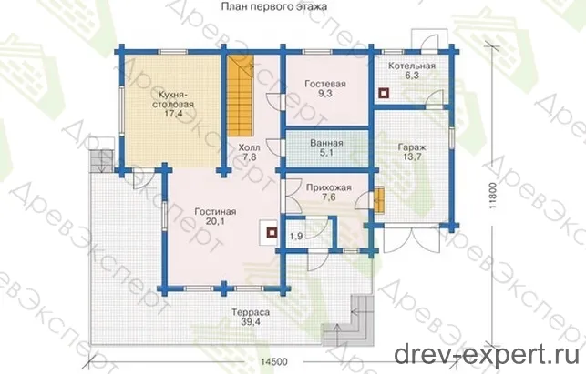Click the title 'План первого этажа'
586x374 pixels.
[274, 6]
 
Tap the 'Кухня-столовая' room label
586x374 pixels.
[173, 99]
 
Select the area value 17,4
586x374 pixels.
[172, 114]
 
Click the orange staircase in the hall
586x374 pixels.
[239, 96]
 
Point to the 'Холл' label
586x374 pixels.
[250, 147]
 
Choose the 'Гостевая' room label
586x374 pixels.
[324, 84]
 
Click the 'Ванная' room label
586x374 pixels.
[326, 143]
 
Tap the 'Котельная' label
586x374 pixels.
[411, 66]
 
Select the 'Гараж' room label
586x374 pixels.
[412, 147]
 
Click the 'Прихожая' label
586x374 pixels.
[328, 187]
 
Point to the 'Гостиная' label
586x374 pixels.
[215, 212]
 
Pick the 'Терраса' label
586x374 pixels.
[251, 312]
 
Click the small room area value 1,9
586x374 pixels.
[296, 236]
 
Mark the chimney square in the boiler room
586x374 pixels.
[384, 93]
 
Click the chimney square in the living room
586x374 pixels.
[272, 233]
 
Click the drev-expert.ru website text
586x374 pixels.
[487, 354]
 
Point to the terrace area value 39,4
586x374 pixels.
[251, 322]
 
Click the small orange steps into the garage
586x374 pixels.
[379, 200]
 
